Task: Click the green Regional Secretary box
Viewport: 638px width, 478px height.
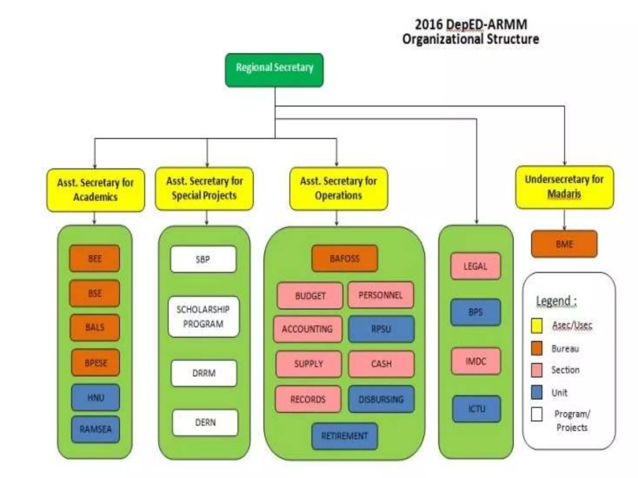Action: coord(274,70)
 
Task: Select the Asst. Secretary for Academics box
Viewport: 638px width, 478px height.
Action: coord(96,190)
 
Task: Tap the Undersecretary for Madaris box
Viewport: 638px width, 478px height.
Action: coord(564,187)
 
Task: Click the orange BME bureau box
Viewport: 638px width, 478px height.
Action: coord(564,244)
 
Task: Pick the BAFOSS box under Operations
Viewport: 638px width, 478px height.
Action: coord(345,258)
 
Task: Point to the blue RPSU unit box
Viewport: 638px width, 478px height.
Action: coord(381,329)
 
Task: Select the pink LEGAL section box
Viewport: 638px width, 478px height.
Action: coord(475,266)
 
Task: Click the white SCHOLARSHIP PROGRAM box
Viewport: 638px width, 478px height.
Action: coord(203,317)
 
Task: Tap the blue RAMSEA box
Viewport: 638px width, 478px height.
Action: coord(95,429)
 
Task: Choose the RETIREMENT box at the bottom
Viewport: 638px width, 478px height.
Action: coord(345,436)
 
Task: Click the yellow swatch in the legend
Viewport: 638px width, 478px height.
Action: coord(536,326)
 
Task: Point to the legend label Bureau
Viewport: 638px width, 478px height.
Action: coord(565,349)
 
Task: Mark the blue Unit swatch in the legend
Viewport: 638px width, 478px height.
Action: coord(536,392)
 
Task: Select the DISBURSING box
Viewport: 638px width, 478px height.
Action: coord(381,399)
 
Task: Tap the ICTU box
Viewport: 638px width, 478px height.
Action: coord(476,409)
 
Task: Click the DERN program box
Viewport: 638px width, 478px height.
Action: coord(205,422)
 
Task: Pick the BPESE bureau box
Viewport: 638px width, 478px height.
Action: coord(95,363)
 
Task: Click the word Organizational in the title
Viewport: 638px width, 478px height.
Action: coord(443,39)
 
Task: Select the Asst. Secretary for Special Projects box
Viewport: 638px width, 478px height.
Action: coord(204,189)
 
